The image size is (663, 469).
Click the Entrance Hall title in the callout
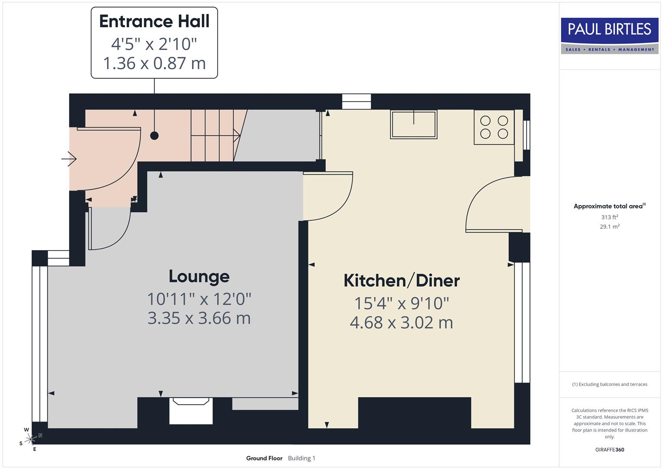(x=154, y=21)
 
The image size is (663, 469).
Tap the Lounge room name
(x=199, y=276)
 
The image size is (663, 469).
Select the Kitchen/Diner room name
(x=402, y=281)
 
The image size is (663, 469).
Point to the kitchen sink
(x=413, y=124)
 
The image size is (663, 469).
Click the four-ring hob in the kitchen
(x=494, y=127)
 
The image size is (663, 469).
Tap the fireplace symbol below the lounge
(x=191, y=410)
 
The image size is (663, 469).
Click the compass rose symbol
(x=30, y=439)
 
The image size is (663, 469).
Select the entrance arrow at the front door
(x=69, y=159)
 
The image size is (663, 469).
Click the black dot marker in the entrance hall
(x=154, y=135)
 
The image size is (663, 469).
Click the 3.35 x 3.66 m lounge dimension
(x=199, y=318)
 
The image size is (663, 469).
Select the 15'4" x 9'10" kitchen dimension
(x=402, y=303)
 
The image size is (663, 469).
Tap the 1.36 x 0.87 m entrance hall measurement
(x=154, y=63)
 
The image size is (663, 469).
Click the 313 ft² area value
(x=610, y=217)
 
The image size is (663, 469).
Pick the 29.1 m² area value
(x=610, y=226)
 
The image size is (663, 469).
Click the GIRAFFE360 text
(x=610, y=449)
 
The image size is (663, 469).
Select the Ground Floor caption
(x=264, y=458)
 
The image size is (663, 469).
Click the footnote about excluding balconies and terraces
(x=610, y=384)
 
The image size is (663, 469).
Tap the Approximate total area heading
(x=609, y=206)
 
